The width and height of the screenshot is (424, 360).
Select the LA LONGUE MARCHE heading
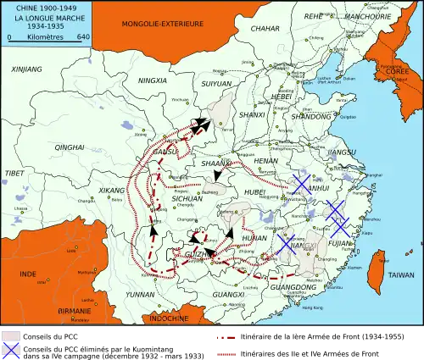[40, 17]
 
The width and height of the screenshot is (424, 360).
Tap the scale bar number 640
[83, 37]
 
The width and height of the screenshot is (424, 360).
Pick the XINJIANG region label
[27, 67]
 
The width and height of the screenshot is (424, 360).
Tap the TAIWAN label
[401, 275]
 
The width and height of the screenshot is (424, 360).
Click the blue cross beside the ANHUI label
[300, 184]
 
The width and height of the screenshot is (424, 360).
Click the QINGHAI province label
[70, 147]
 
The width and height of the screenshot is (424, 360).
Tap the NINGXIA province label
[153, 80]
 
